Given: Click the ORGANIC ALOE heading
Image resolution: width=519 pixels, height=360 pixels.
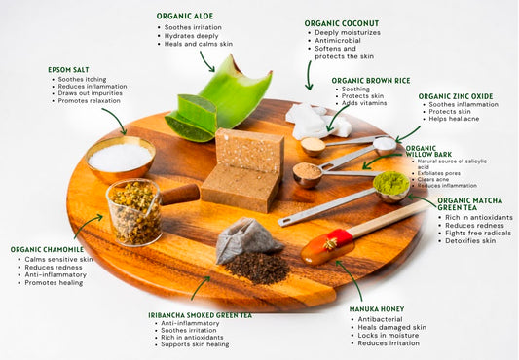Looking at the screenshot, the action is click(x=185, y=16).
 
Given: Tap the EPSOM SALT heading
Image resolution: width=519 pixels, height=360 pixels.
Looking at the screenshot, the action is click(x=68, y=70).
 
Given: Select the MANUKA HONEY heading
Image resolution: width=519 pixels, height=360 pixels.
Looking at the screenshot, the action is click(x=377, y=309).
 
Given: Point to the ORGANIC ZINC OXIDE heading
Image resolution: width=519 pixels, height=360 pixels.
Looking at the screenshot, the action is click(x=456, y=96).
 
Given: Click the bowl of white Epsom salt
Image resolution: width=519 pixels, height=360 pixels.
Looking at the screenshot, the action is click(x=121, y=159).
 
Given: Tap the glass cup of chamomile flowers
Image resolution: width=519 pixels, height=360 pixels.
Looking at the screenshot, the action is click(x=134, y=212).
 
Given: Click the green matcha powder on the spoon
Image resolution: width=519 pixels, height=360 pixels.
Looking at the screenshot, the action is click(x=390, y=183).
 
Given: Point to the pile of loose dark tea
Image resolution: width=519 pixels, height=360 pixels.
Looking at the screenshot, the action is click(x=256, y=268).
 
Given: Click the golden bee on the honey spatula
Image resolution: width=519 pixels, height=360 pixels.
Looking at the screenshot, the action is click(x=330, y=244).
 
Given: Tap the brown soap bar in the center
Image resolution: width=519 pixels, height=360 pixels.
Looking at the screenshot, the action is click(x=243, y=170).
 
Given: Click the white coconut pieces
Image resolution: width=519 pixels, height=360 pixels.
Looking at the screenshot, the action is click(x=316, y=122).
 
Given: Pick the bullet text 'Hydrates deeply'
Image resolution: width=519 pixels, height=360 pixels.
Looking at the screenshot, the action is click(x=191, y=36).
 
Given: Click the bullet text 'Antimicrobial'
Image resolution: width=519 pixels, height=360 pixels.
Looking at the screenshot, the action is click(x=338, y=40).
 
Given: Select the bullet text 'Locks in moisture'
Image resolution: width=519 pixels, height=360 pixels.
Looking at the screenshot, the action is click(x=388, y=335).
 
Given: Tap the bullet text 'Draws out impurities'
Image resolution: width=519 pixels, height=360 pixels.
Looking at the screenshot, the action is click(x=90, y=93).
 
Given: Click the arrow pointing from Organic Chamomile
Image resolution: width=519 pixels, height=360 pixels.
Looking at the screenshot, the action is click(x=88, y=224).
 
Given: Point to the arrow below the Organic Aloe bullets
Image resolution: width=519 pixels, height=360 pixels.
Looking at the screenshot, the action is click(x=205, y=61).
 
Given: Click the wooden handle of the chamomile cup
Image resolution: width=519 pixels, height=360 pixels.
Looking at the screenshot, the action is click(x=180, y=194).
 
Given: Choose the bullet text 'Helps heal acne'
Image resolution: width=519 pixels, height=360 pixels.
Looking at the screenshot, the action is click(x=454, y=119).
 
